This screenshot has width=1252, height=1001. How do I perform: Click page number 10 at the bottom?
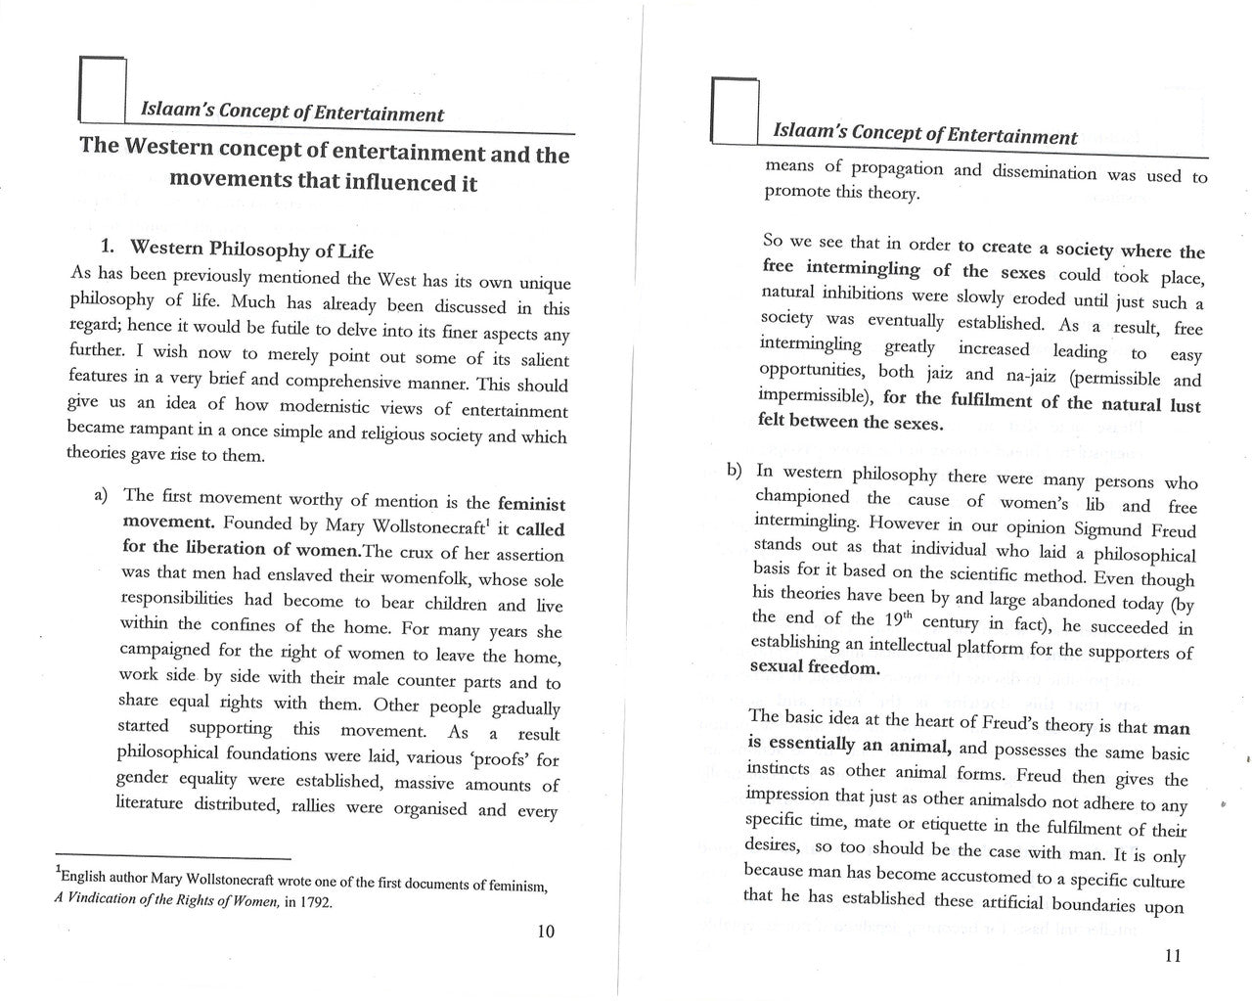546,931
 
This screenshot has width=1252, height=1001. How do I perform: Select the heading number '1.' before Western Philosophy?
111,247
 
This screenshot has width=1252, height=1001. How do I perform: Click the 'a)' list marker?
101,495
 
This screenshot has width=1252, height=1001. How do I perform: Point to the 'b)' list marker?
734,471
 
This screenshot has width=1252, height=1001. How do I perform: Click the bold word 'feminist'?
531,505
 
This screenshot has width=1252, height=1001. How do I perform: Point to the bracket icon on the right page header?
736,109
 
